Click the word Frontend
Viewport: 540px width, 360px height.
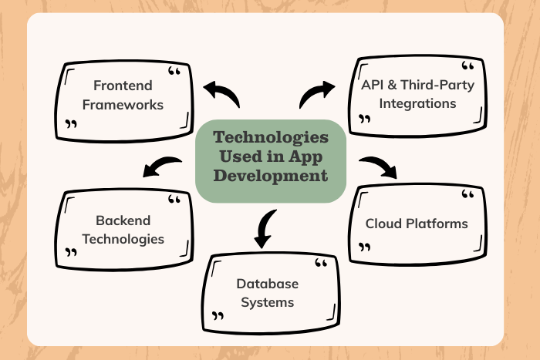click(123, 86)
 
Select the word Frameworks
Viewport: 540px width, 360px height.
click(123, 105)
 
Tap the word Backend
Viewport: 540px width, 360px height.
click(123, 220)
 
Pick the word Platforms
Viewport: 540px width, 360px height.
click(438, 224)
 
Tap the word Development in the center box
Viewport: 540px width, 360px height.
click(270, 176)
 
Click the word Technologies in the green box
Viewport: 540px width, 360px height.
click(270, 137)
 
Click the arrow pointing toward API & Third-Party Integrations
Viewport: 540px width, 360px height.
click(316, 93)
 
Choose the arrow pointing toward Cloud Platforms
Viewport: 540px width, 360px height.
click(378, 167)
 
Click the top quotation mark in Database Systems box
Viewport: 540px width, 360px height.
click(321, 264)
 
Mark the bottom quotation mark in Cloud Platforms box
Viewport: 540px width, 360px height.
click(365, 247)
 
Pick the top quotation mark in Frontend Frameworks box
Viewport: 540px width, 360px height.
click(174, 72)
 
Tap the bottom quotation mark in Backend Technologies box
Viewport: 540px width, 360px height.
click(72, 252)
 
